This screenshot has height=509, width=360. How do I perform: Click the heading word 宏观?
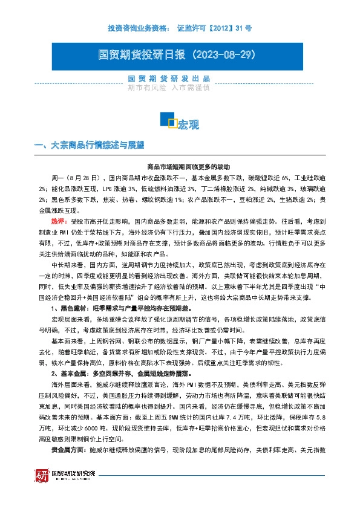tap(188, 125)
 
